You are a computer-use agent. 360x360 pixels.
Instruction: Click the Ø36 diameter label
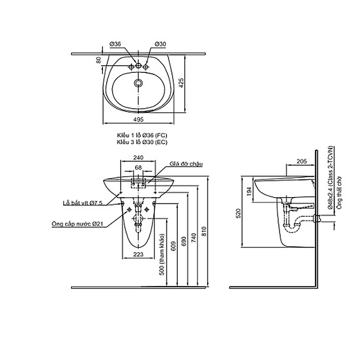[x=115, y=44]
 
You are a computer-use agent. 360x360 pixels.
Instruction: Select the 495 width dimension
[x=138, y=119]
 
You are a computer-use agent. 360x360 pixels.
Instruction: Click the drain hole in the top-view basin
[x=138, y=83]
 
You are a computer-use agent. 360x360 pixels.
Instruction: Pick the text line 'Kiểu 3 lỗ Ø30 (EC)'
[x=142, y=142]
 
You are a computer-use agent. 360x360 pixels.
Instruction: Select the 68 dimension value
[x=138, y=168]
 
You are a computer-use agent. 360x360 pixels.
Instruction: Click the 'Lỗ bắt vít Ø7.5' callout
[x=82, y=203]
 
